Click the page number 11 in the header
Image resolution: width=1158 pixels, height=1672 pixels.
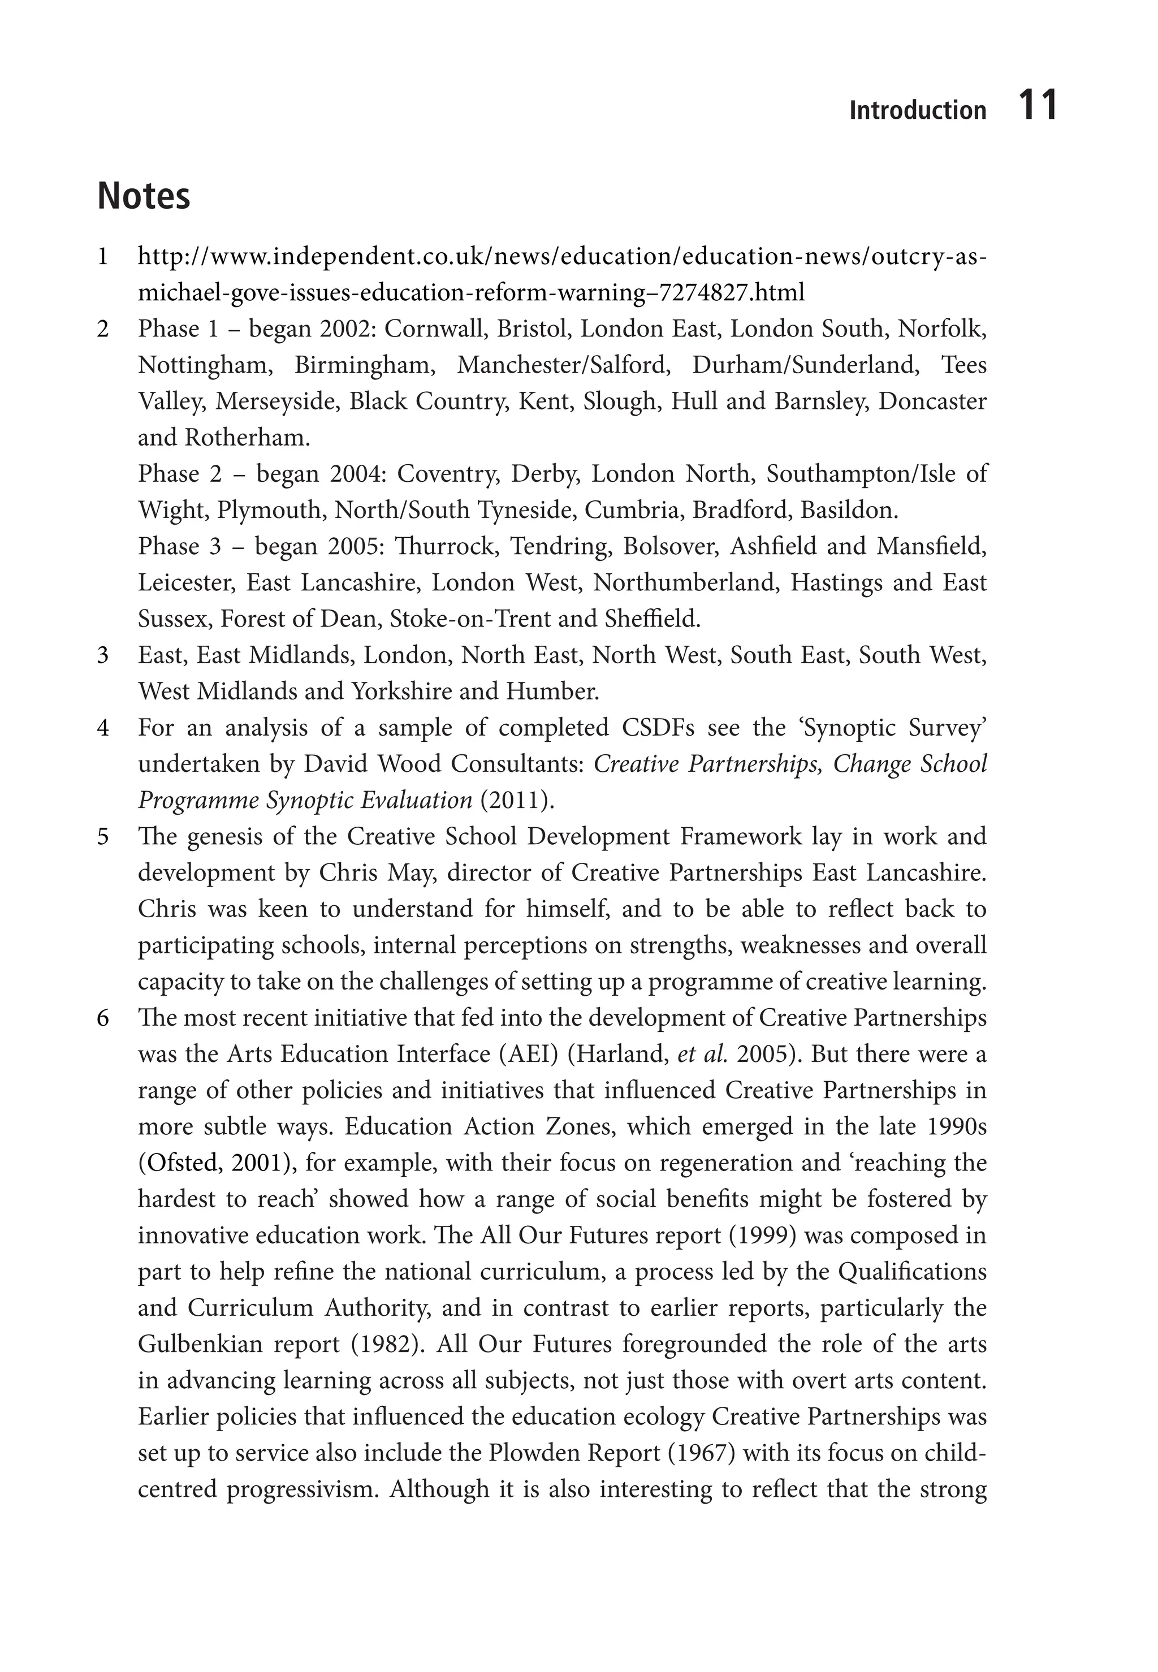(x=1038, y=105)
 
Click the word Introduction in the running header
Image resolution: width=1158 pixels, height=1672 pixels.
(x=917, y=110)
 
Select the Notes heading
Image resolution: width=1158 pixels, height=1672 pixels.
(x=144, y=196)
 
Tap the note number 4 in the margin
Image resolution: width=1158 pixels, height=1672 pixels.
(x=103, y=728)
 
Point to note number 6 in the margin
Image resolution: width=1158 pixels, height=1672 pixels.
(x=103, y=1018)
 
